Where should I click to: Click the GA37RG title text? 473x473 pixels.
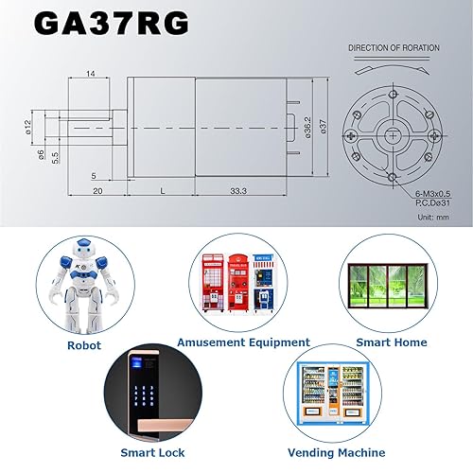coord(111,24)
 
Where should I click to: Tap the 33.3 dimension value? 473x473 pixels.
coord(238,191)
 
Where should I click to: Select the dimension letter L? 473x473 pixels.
coord(162,191)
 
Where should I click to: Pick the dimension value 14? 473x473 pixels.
coord(90,73)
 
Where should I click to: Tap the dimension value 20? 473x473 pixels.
coord(97,191)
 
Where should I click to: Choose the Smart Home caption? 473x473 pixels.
coord(391,342)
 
